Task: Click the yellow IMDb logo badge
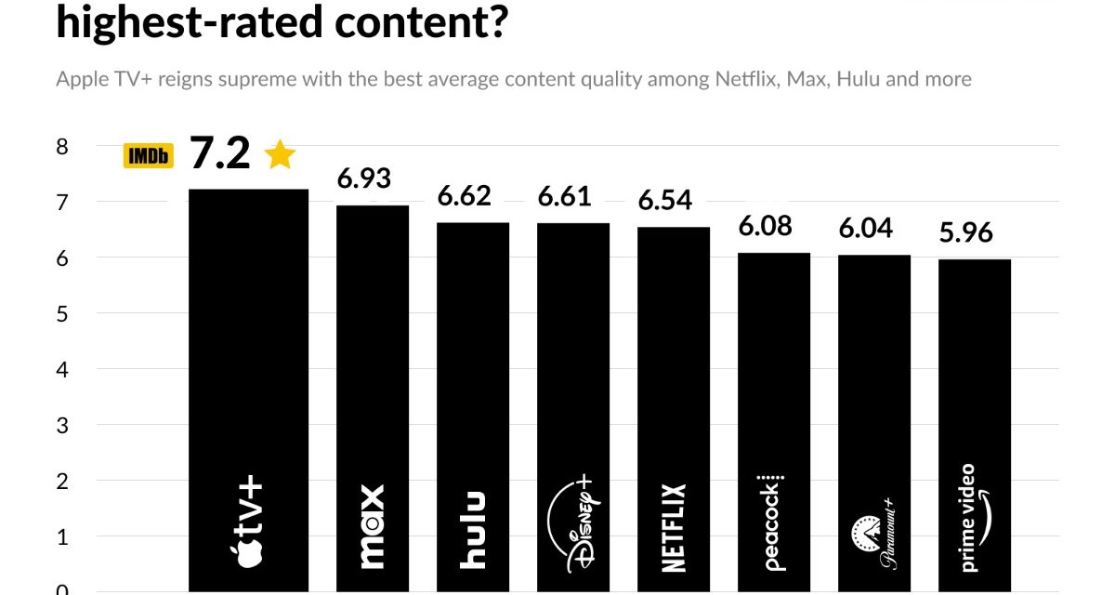[149, 156]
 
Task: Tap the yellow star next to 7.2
[279, 154]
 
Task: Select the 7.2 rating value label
[220, 153]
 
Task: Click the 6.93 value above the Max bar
[364, 178]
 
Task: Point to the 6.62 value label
[465, 196]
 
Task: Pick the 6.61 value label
[565, 196]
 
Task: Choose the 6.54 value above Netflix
[665, 200]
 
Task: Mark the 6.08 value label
[766, 226]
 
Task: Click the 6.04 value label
[866, 228]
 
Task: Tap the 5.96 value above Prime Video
[966, 232]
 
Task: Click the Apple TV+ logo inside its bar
[246, 522]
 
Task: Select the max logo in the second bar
[372, 526]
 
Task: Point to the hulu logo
[473, 530]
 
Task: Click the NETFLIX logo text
[674, 527]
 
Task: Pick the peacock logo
[773, 521]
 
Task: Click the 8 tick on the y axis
[62, 147]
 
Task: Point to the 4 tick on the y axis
[62, 369]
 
